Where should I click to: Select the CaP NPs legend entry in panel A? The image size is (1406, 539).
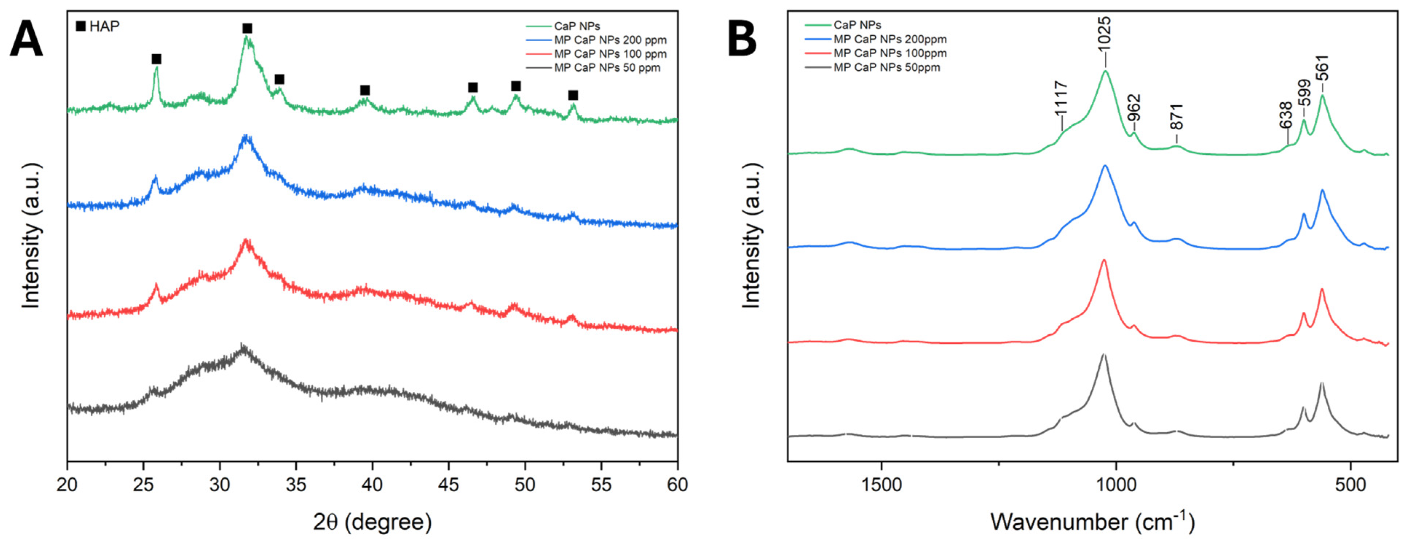[577, 26]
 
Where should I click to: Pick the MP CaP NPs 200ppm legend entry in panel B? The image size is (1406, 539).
[890, 39]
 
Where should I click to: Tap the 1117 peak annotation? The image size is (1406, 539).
[1061, 98]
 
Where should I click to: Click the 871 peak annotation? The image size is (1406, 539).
[1176, 116]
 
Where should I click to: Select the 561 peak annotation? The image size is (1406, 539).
[1323, 68]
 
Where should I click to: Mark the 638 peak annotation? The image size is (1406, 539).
[1287, 115]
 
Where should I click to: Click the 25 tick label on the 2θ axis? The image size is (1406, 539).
[143, 484]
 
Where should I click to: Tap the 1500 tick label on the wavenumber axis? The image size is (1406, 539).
[881, 484]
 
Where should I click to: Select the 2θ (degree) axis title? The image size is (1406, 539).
[372, 522]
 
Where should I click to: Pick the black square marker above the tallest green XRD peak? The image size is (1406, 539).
[247, 28]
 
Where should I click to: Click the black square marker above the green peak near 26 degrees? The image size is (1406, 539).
[157, 59]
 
